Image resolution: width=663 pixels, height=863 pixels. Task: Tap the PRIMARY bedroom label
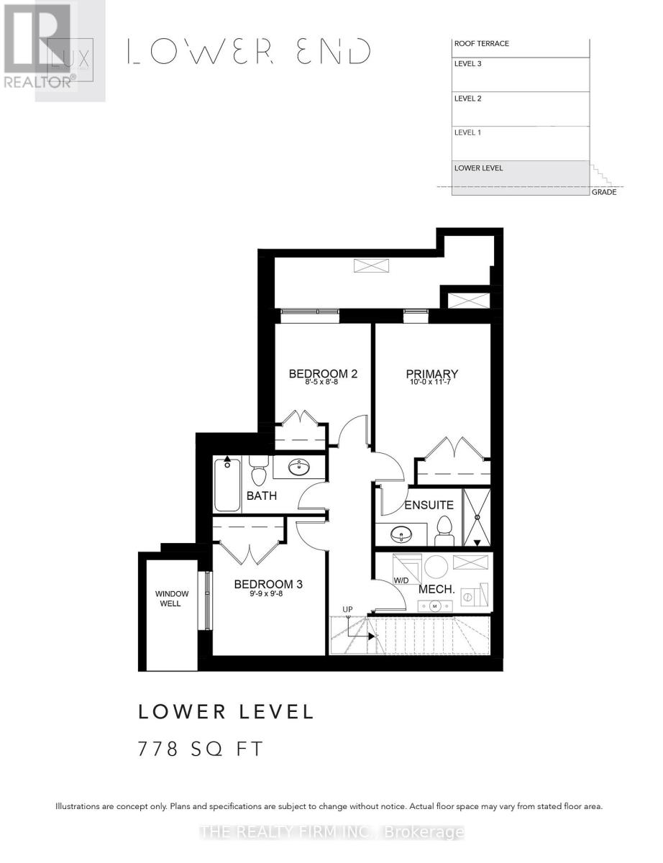coord(431,373)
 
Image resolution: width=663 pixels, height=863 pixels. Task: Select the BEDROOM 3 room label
coord(268,584)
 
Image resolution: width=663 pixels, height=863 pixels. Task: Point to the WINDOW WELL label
coord(172,598)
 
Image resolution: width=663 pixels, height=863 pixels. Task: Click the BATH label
coord(261,496)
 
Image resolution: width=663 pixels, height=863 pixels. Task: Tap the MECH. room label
coord(436,590)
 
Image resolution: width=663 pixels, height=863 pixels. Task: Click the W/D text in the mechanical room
coord(401,580)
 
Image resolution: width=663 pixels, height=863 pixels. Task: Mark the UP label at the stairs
coord(347,610)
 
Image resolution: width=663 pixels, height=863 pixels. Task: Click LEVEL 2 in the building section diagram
coord(467,99)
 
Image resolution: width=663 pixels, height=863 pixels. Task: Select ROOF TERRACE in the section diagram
coord(481,44)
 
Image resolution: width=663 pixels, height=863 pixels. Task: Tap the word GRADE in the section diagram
coord(603,192)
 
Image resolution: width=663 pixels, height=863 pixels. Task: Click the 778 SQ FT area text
coord(201,749)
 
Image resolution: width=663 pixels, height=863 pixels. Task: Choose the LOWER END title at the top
coord(249,52)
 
